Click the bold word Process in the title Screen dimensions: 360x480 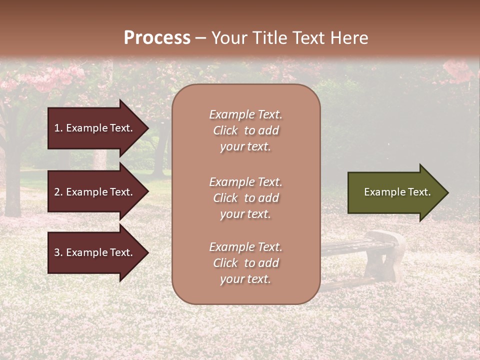click(x=157, y=38)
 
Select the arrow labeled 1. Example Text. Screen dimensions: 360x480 click(x=95, y=128)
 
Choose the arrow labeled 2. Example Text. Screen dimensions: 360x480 click(x=95, y=192)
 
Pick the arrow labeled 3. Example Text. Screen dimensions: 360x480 click(x=95, y=252)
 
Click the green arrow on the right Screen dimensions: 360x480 click(x=395, y=192)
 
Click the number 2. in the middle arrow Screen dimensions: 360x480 click(x=58, y=192)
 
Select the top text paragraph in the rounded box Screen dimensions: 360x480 click(x=245, y=130)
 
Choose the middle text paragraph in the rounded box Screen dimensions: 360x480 click(x=245, y=198)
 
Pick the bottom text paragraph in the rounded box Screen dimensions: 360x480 click(x=245, y=263)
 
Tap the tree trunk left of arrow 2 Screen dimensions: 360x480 click(x=12, y=190)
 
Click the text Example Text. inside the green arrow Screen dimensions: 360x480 click(x=397, y=192)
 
